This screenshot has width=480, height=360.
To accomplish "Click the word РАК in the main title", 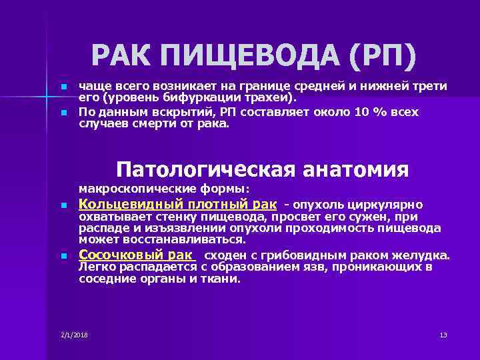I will [x=121, y=56].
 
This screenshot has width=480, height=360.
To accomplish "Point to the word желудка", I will [x=428, y=255].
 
